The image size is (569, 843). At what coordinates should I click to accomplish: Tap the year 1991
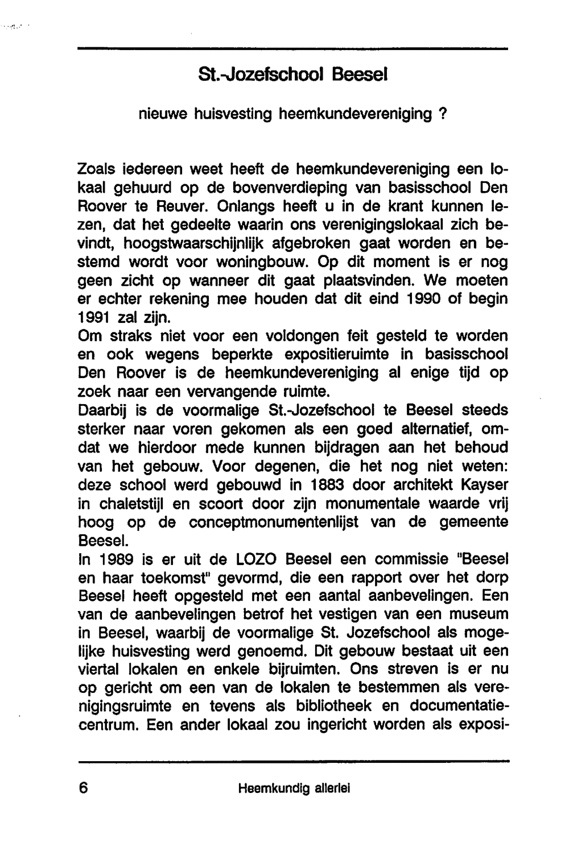(94, 317)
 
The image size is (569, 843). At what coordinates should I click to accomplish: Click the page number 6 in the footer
(84, 788)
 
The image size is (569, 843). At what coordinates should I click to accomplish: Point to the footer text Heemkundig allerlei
(294, 788)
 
